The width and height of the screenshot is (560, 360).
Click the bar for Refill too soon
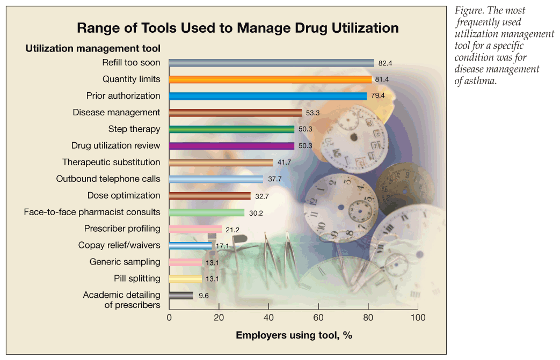click(x=271, y=63)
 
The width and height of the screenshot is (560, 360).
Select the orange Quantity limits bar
click(x=270, y=79)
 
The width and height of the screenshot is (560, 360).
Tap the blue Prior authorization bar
click(x=267, y=96)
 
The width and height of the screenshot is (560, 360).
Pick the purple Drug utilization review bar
click(x=231, y=146)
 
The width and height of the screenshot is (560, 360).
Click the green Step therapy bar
click(x=231, y=129)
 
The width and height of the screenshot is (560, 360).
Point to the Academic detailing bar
click(x=181, y=295)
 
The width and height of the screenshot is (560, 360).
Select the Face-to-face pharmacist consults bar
click(x=207, y=212)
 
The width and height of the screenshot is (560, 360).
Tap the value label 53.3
click(x=312, y=113)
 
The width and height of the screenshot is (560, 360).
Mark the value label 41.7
click(x=283, y=163)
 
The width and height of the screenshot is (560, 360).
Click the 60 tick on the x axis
click(x=318, y=318)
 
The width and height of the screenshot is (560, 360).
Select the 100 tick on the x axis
click(x=417, y=318)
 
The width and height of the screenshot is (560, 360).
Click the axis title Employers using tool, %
click(x=294, y=335)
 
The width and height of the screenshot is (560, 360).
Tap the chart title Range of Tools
click(x=237, y=27)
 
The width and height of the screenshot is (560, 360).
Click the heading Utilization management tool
click(x=93, y=48)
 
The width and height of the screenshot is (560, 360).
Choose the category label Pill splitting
click(x=137, y=278)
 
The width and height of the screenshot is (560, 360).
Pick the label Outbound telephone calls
click(x=108, y=179)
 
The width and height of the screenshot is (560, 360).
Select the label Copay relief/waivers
click(x=119, y=245)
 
